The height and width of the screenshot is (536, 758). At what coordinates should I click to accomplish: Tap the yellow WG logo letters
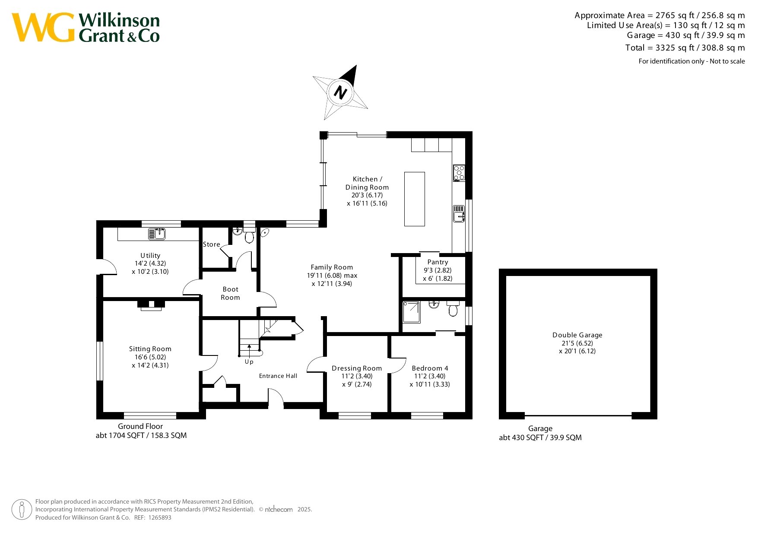pos(43,28)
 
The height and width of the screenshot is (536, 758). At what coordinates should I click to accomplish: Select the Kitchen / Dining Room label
pos(367,183)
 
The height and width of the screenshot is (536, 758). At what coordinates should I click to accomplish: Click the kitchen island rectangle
pos(415,199)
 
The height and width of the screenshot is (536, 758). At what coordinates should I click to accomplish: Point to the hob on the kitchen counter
pos(459,173)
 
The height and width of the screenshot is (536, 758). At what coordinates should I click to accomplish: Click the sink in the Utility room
pos(157,234)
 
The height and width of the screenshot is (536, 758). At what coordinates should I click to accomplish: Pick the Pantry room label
pos(438,262)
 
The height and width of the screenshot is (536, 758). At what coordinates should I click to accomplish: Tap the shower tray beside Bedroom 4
pos(411,312)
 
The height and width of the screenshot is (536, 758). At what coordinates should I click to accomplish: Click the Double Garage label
pos(577,335)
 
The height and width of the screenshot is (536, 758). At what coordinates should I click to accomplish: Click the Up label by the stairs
pos(249,362)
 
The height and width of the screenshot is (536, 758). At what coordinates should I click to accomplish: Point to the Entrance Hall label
pos(278,376)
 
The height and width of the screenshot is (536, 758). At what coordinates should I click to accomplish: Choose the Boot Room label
pos(231,293)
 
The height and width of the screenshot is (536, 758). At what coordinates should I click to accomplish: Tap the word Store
pos(212,244)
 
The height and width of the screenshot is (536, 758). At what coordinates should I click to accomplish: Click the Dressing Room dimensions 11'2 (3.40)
pos(357,376)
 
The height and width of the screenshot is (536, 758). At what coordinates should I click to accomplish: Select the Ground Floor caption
pos(140,426)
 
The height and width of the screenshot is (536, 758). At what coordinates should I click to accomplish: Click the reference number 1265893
pos(160,517)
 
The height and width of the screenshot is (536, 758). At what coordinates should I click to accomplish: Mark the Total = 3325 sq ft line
pos(685,48)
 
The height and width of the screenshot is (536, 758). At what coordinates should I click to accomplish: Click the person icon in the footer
pos(22,510)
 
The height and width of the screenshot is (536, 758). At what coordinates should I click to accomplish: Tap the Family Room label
pos(332,267)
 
